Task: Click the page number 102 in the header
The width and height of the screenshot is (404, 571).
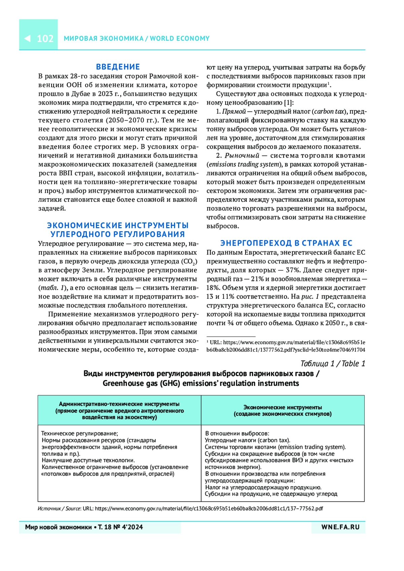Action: click(x=45, y=39)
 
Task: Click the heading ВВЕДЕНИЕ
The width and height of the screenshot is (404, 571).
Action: click(x=118, y=67)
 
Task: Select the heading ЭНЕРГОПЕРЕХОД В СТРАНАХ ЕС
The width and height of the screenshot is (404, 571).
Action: click(x=286, y=243)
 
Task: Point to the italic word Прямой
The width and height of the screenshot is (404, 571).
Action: click(x=234, y=112)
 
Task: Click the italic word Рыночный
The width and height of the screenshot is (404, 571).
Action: click(x=242, y=156)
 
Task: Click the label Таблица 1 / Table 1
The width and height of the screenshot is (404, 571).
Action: click(x=332, y=364)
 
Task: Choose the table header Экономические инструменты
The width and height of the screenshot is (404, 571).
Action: click(x=282, y=407)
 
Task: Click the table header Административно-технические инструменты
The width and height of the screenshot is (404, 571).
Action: click(x=119, y=404)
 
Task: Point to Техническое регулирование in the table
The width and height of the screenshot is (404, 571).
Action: click(x=79, y=434)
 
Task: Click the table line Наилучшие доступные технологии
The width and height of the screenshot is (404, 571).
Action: click(x=88, y=461)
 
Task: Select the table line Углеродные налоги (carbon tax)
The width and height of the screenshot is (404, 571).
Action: click(x=247, y=440)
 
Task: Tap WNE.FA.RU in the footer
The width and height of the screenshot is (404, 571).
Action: click(x=340, y=527)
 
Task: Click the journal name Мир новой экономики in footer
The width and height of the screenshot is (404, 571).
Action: click(x=58, y=527)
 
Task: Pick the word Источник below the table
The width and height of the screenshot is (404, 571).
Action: click(x=49, y=509)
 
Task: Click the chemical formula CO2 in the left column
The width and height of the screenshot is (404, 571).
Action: click(x=188, y=262)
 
